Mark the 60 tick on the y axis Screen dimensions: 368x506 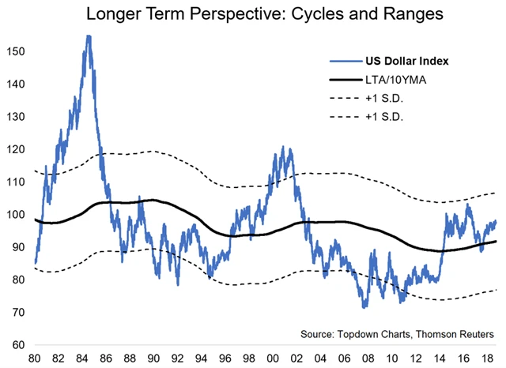coord(18,345)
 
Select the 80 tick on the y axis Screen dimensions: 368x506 coord(18,280)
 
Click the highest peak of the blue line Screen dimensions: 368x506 coord(88,36)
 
